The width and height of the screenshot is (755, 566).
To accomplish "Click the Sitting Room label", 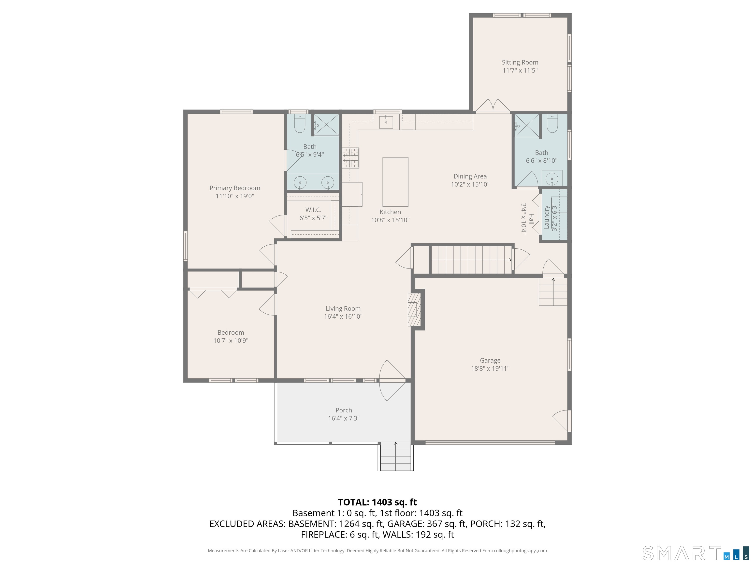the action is [520, 62].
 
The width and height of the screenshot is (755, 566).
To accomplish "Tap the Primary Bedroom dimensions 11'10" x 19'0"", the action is [235, 196].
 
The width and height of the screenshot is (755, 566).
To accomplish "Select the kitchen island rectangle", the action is [395, 182].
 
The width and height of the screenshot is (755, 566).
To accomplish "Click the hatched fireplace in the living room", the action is [413, 310].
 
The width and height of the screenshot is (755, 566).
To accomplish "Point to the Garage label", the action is [490, 360].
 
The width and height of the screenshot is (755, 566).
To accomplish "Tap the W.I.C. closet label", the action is [313, 210].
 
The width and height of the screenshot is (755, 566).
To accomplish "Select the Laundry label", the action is [546, 217].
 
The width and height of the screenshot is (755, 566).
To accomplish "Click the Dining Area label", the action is [470, 176].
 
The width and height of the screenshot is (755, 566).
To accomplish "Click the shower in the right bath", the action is [526, 126].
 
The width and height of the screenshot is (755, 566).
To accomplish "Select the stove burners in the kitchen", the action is [350, 158].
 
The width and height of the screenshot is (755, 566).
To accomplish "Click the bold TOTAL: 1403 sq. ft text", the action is [377, 502].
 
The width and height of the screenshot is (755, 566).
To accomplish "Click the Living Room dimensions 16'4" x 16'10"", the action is [343, 317].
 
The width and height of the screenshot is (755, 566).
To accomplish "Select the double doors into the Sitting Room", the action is [493, 106].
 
